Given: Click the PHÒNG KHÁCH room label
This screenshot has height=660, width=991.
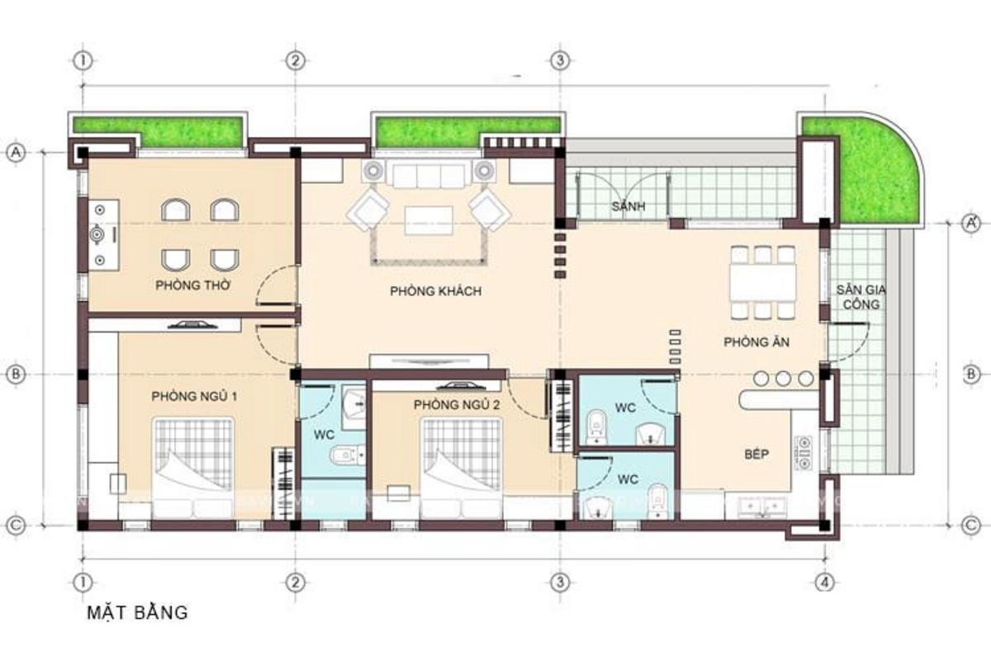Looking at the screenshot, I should pos(435,291).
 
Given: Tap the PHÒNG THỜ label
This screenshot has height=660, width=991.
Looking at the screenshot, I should pos(192,286).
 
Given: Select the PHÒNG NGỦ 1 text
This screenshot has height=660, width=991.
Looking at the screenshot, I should pos(194,397).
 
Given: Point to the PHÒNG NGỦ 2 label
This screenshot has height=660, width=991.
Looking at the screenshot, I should pos(458,404).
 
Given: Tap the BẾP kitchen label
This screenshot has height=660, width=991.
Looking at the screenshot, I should pos(756,455).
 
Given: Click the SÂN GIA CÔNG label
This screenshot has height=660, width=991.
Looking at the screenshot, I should pos(858,297).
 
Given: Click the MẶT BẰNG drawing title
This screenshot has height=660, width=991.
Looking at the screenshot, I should pos(137,612).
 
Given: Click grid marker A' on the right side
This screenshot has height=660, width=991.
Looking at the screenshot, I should pos(972,223).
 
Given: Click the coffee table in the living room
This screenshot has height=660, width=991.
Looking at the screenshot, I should pos(428,220).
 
